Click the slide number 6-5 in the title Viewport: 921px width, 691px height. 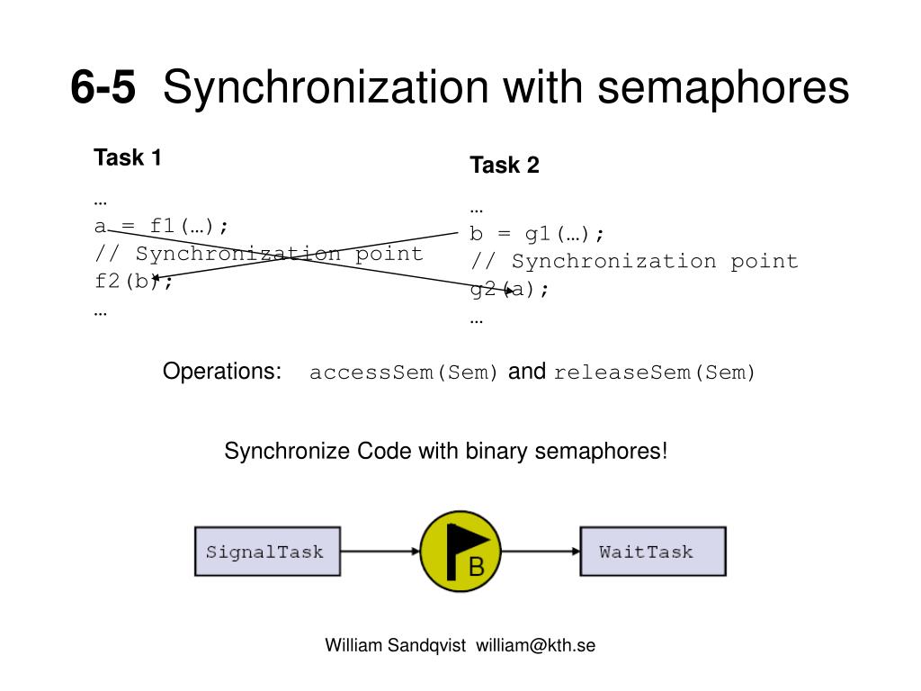point(103,88)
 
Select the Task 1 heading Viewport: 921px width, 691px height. point(128,158)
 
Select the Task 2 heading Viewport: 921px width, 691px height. point(504,166)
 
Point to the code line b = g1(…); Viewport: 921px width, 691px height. point(537,234)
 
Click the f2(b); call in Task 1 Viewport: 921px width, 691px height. point(133,282)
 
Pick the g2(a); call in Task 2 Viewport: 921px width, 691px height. point(508,289)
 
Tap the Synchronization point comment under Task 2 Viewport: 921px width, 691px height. point(634,262)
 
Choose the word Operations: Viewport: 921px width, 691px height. point(222,372)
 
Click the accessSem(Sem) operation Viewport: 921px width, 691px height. point(404,373)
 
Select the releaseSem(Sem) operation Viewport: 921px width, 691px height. point(655,373)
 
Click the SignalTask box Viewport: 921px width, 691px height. point(267,552)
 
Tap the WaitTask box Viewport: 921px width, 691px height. point(652,552)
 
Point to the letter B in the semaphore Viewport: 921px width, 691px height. point(477,567)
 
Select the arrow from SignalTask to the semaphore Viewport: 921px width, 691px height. point(380,552)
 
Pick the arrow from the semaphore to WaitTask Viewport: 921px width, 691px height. point(540,552)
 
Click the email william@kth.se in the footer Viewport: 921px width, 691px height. point(536,646)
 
